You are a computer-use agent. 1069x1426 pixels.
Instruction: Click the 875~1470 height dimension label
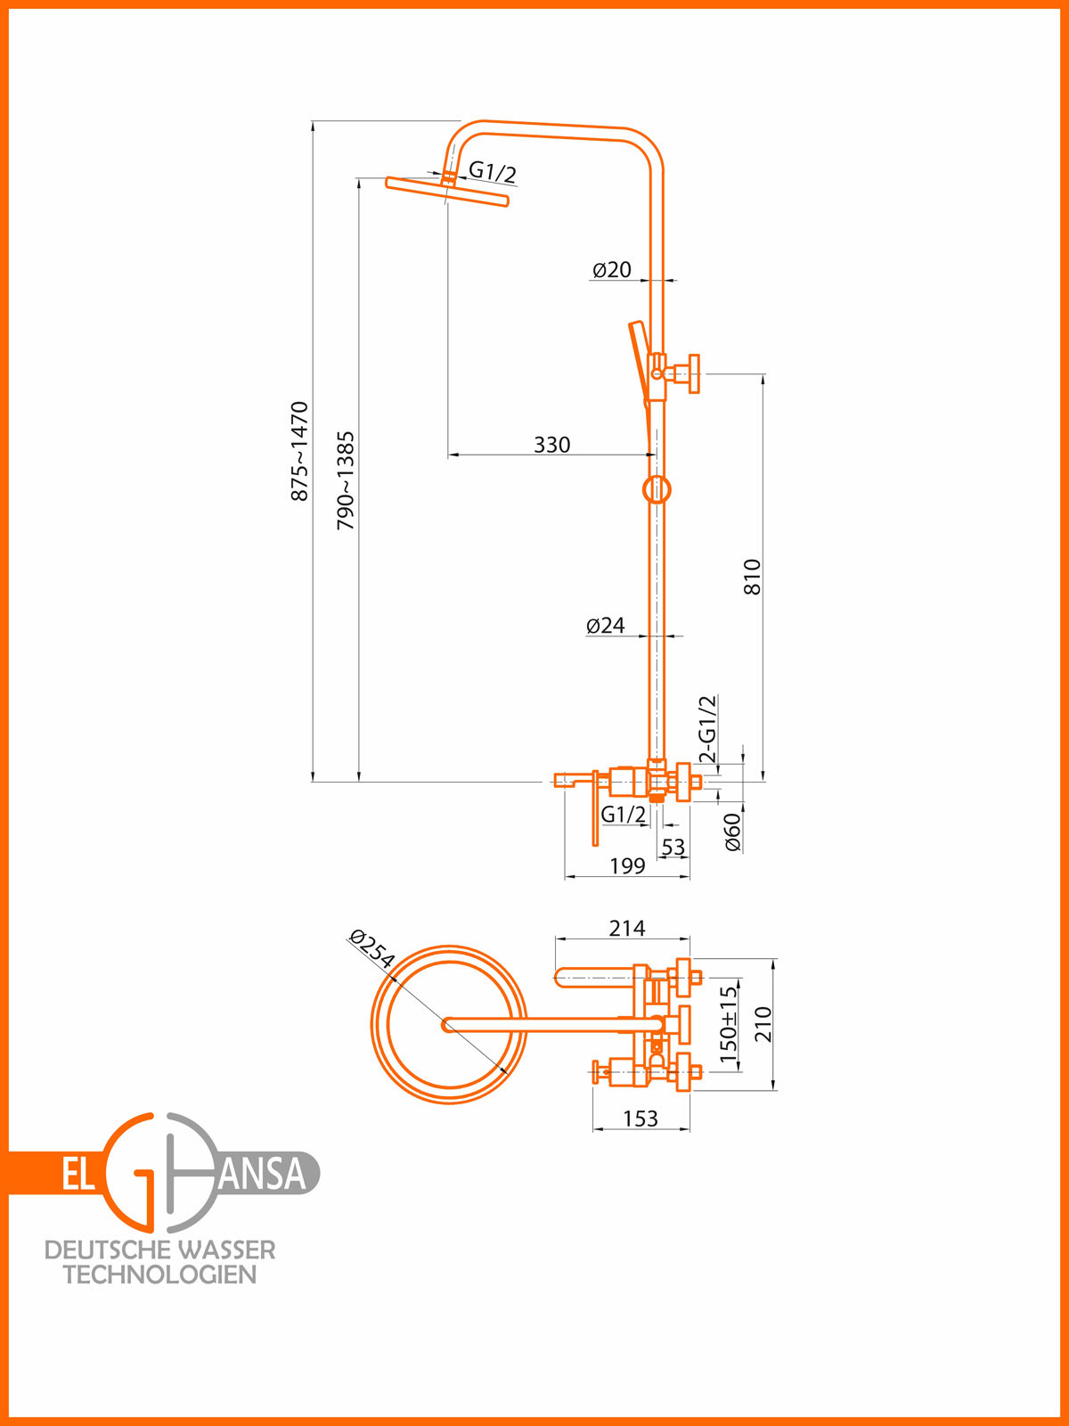pyautogui.click(x=300, y=451)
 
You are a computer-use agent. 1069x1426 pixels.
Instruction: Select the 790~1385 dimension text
pyautogui.click(x=345, y=481)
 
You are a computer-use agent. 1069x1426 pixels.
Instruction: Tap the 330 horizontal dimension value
pyautogui.click(x=551, y=445)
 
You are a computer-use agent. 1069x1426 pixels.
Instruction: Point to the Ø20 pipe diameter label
pyautogui.click(x=612, y=269)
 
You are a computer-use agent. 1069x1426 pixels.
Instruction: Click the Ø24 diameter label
pyautogui.click(x=606, y=626)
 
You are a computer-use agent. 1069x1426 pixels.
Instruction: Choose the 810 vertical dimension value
pyautogui.click(x=753, y=577)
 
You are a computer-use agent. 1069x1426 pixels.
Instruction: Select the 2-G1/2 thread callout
pyautogui.click(x=707, y=729)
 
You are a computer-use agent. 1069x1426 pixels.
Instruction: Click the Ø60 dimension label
pyautogui.click(x=732, y=832)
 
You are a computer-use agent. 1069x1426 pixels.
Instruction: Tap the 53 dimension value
pyautogui.click(x=673, y=847)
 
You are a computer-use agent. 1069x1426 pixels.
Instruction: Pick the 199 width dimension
pyautogui.click(x=627, y=866)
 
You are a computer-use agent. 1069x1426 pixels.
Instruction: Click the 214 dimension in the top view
pyautogui.click(x=627, y=929)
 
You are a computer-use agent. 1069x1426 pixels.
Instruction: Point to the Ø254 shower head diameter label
pyautogui.click(x=371, y=949)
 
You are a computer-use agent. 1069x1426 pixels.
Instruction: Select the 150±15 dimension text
pyautogui.click(x=729, y=1023)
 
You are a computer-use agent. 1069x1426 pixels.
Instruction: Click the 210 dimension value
pyautogui.click(x=763, y=1024)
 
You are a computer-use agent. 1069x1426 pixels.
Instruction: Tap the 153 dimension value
pyautogui.click(x=641, y=1119)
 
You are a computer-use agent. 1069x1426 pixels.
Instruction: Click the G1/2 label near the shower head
pyautogui.click(x=493, y=172)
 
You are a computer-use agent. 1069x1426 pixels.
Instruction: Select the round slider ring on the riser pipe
pyautogui.click(x=657, y=489)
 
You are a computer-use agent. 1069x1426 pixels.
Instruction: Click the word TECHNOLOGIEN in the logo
pyautogui.click(x=160, y=1274)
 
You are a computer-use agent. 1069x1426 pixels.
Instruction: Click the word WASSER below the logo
pyautogui.click(x=226, y=1250)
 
